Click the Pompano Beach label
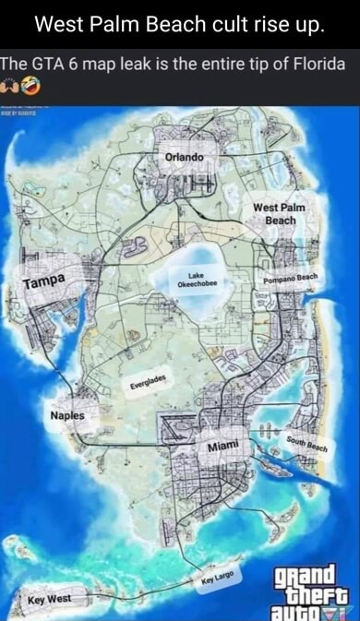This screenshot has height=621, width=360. pyautogui.click(x=290, y=278)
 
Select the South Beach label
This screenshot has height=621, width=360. pyautogui.click(x=307, y=443)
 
